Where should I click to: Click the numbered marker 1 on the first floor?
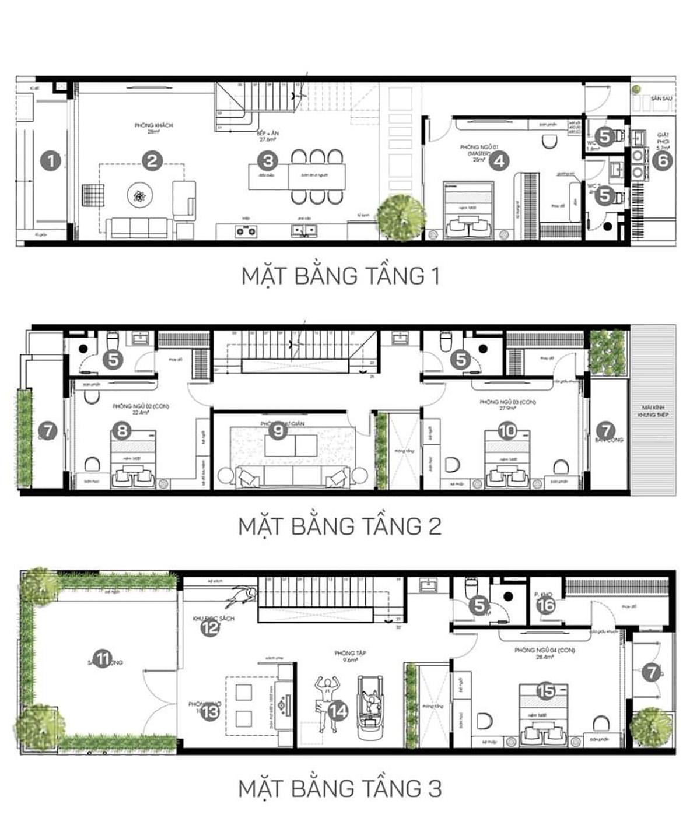tap(51, 160)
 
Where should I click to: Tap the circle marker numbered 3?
tap(267, 161)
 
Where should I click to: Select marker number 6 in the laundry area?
tap(662, 160)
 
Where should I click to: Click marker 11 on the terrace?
tap(103, 659)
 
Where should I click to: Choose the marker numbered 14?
tap(338, 710)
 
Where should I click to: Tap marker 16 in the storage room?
tap(546, 605)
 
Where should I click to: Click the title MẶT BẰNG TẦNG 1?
tap(340, 276)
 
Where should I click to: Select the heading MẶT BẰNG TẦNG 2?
tap(340, 526)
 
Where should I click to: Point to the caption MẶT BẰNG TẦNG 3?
tap(340, 788)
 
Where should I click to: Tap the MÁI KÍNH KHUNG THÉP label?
tap(652, 410)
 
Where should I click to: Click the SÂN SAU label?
tap(661, 99)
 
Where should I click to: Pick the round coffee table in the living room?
tap(139, 196)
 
